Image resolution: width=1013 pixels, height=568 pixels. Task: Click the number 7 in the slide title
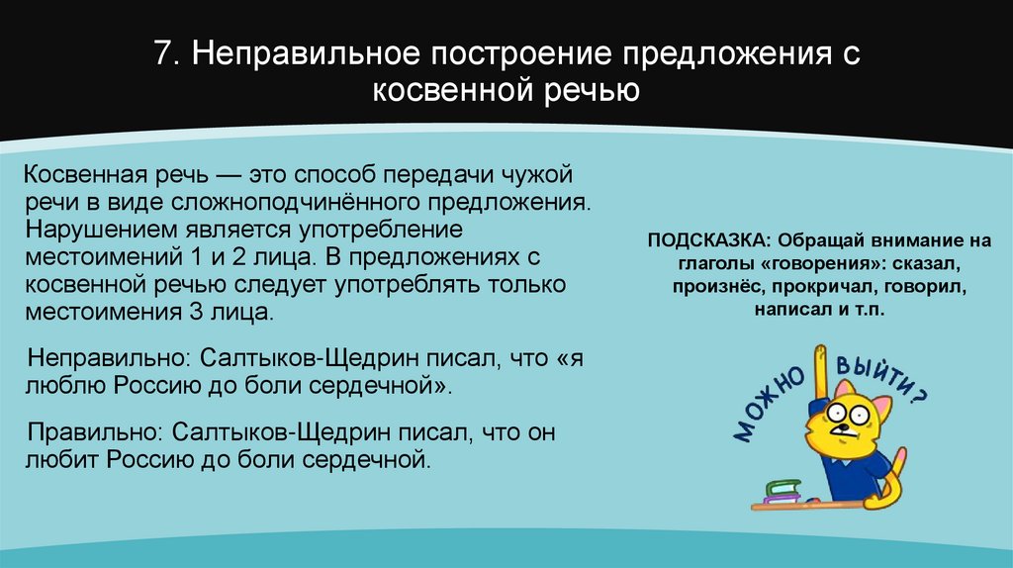[x=161, y=54]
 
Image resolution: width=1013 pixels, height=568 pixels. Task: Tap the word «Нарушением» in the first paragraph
[x=97, y=230]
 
